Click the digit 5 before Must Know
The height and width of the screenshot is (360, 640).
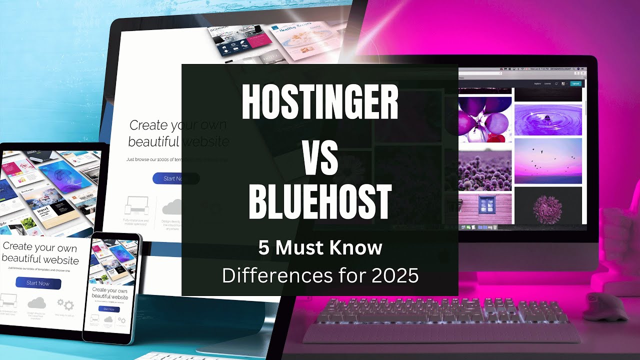point(263,247)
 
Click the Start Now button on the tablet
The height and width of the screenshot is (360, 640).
point(38,283)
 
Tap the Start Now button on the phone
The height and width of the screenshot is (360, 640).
point(109,309)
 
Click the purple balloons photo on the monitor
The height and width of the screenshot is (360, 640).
point(484,117)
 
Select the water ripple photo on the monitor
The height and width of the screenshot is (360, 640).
point(548,119)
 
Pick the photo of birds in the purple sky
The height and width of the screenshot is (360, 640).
point(548,161)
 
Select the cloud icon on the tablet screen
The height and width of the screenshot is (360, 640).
point(36,302)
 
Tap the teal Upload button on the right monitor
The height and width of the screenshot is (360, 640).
point(575,83)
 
